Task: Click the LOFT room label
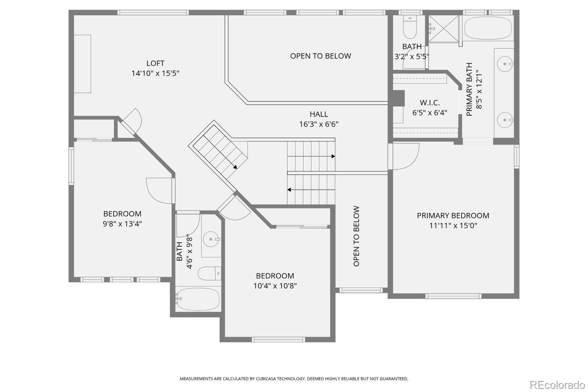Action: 155,63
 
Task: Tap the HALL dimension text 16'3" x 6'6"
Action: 319,124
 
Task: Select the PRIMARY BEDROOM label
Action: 453,216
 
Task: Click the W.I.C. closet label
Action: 430,102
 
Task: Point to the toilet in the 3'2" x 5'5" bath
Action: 410,27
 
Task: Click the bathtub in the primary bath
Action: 488,28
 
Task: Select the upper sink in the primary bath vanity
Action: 505,64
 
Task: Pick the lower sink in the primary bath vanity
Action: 505,120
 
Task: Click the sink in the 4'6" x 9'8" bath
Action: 211,239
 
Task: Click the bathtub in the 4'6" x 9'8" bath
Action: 198,299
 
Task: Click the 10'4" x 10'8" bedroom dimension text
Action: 275,286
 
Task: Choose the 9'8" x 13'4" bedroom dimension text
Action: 122,224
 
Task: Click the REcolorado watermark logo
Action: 557,385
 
